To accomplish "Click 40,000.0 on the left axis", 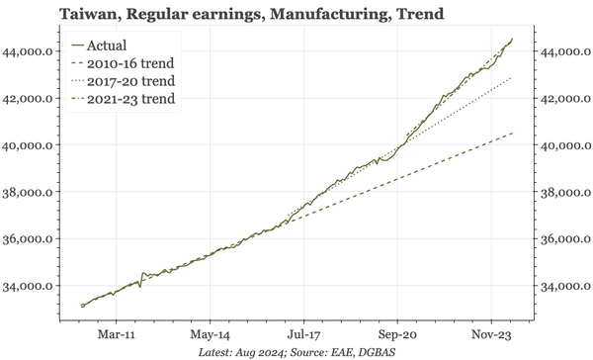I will (34, 145).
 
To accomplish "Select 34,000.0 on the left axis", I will (34, 287).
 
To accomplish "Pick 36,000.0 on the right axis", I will (565, 239).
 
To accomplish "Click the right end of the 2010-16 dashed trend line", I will (512, 133).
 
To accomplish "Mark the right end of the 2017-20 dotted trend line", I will (512, 76).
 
